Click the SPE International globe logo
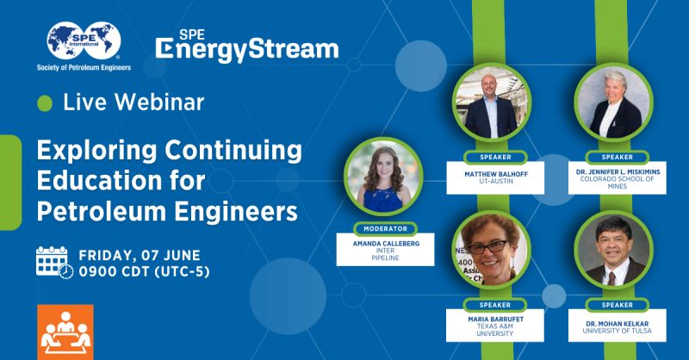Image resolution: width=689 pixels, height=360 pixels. (84, 40)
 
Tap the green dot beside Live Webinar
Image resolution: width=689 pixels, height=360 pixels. (45, 103)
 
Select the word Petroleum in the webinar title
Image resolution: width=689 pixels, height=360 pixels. (102, 211)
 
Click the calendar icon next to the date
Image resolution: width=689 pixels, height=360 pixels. (54, 263)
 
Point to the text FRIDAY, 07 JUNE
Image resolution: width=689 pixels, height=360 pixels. (140, 256)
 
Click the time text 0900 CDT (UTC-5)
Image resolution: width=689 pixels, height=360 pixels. (144, 271)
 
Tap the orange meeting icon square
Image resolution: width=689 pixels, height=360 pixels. (65, 332)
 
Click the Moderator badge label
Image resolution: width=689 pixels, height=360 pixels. (385, 228)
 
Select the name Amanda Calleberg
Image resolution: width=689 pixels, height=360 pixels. (386, 243)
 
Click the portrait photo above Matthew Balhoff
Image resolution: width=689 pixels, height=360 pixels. (491, 102)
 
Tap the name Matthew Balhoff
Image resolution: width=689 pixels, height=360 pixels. (496, 174)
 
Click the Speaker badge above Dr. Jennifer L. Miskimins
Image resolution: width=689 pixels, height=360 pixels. (617, 157)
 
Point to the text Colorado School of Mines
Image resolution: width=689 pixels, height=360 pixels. (618, 183)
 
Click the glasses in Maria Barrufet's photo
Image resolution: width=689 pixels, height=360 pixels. (487, 247)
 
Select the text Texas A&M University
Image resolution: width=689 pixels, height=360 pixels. (495, 330)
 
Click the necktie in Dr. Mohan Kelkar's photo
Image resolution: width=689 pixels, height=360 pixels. (611, 278)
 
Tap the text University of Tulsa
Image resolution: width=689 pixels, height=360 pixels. (618, 331)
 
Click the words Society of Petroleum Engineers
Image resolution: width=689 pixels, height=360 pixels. (84, 68)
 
